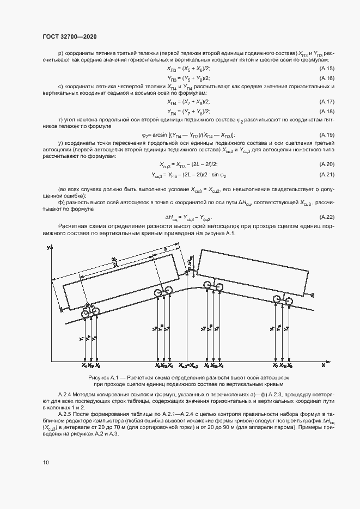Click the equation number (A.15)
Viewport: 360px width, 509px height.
[326, 68]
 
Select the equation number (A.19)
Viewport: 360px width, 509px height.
[326, 135]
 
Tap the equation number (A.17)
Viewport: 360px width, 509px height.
[326, 102]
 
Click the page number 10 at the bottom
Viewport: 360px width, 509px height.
[46, 462]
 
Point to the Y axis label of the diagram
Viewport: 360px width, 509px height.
[48, 248]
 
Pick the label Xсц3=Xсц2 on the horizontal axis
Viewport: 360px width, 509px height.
[187, 366]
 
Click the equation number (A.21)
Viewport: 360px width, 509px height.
[326, 175]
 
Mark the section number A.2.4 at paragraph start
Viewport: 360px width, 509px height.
[66, 394]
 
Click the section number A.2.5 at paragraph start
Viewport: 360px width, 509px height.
[66, 414]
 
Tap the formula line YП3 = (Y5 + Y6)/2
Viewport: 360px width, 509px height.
[188, 78]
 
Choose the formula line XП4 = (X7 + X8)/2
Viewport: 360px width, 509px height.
[188, 102]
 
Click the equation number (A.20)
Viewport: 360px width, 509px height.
[326, 164]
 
